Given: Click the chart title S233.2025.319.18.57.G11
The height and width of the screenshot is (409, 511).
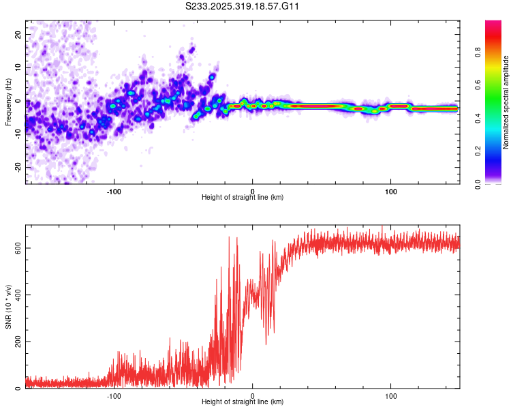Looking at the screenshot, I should coord(243,6).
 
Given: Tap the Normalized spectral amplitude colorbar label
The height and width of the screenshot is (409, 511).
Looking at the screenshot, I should coord(506,102).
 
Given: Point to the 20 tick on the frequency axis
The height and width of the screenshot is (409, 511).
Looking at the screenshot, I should coord(18,34).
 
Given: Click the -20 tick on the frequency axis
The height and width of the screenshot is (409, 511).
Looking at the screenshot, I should coord(17,167).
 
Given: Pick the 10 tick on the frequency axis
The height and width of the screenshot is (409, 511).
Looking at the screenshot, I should coord(18,67).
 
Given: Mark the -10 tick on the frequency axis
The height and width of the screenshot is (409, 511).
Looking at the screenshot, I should coord(17,134).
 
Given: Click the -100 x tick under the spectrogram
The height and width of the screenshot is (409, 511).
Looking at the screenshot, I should coord(114,191).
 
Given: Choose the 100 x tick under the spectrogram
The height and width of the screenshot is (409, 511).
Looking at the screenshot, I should coord(391,191).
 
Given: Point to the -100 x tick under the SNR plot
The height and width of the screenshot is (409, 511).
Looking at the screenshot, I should coord(114,396).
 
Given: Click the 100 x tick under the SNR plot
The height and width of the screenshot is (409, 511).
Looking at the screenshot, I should coord(391,396).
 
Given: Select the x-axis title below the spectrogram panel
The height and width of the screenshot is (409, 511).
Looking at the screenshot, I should coord(243,198).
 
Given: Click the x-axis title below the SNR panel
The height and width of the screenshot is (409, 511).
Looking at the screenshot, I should coord(243,403).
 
